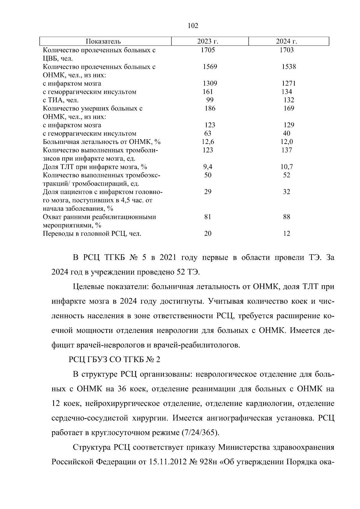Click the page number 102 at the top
[x=193, y=26]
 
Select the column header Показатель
[x=103, y=41]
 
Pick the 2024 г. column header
[x=286, y=41]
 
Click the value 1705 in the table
[x=208, y=50]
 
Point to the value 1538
[x=289, y=67]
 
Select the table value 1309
[x=210, y=83]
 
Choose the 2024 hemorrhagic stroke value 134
[x=287, y=92]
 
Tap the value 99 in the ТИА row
[x=210, y=100]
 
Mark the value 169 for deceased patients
[x=289, y=108]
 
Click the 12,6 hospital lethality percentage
[x=208, y=142]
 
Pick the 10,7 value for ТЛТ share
[x=287, y=167]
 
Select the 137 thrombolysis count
[x=287, y=150]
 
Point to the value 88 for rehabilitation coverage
[x=286, y=217]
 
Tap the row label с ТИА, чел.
[x=61, y=100]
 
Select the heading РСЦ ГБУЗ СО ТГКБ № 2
[x=115, y=360]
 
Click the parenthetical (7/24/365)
[x=200, y=433]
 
